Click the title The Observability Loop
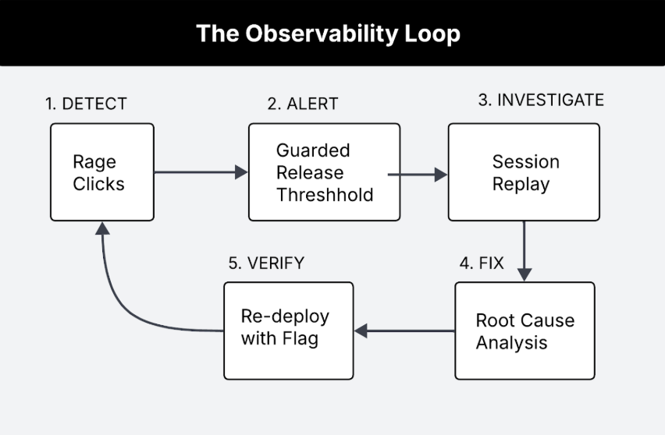click(328, 34)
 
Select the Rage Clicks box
click(102, 172)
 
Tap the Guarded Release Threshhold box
click(324, 172)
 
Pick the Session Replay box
click(524, 172)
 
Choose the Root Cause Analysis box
click(525, 331)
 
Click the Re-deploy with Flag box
click(289, 330)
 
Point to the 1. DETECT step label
click(86, 104)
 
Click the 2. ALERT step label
click(303, 104)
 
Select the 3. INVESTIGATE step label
click(541, 100)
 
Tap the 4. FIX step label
click(482, 263)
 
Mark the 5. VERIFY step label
click(266, 263)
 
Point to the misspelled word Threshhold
click(325, 194)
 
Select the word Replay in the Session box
click(521, 185)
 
